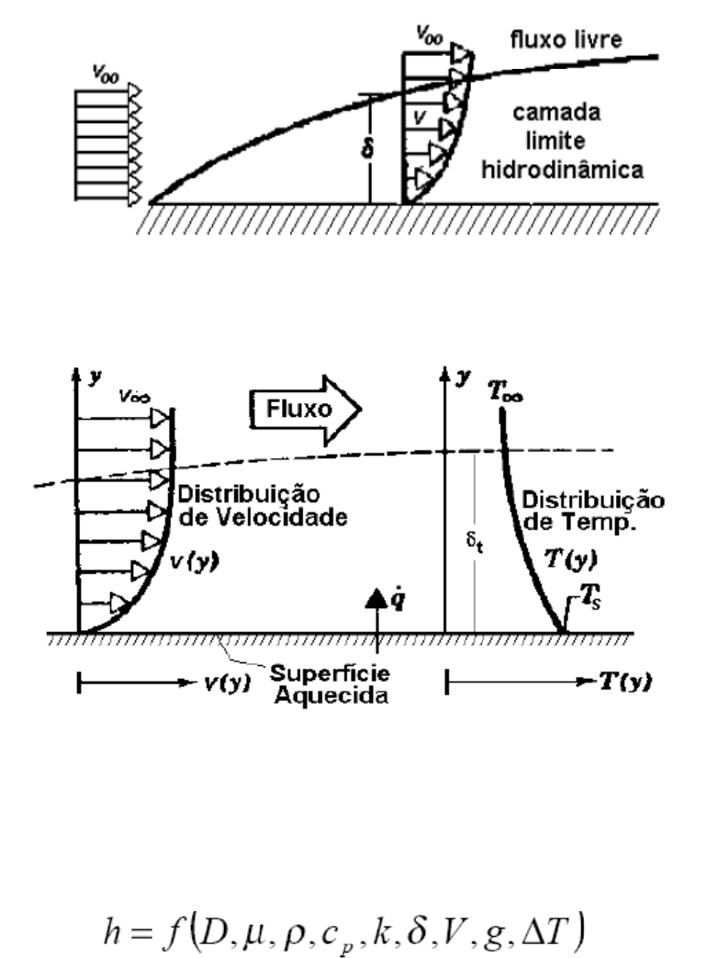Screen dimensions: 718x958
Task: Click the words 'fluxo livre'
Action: pyautogui.click(x=566, y=39)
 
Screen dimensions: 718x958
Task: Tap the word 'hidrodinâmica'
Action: pyautogui.click(x=562, y=169)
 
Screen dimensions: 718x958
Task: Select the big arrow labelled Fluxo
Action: pyautogui.click(x=305, y=410)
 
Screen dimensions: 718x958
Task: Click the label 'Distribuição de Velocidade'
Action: pyautogui.click(x=263, y=506)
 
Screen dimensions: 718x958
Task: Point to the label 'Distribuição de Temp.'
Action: pyautogui.click(x=593, y=511)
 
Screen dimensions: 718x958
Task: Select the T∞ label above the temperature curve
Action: pyautogui.click(x=506, y=390)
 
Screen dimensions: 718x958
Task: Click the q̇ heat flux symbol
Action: pyautogui.click(x=397, y=600)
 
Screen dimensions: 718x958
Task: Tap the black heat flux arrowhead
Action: pyautogui.click(x=376, y=598)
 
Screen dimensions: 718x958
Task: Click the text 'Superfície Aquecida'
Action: pyautogui.click(x=331, y=684)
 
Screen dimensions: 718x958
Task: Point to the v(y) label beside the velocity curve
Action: pyautogui.click(x=194, y=561)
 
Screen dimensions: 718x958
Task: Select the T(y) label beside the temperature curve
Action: pyautogui.click(x=571, y=558)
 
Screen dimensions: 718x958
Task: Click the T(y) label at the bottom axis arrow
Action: pyautogui.click(x=625, y=682)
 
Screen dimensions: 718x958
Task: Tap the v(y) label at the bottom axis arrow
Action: pyautogui.click(x=227, y=682)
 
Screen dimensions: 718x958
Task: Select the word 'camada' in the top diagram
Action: pyautogui.click(x=556, y=112)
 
